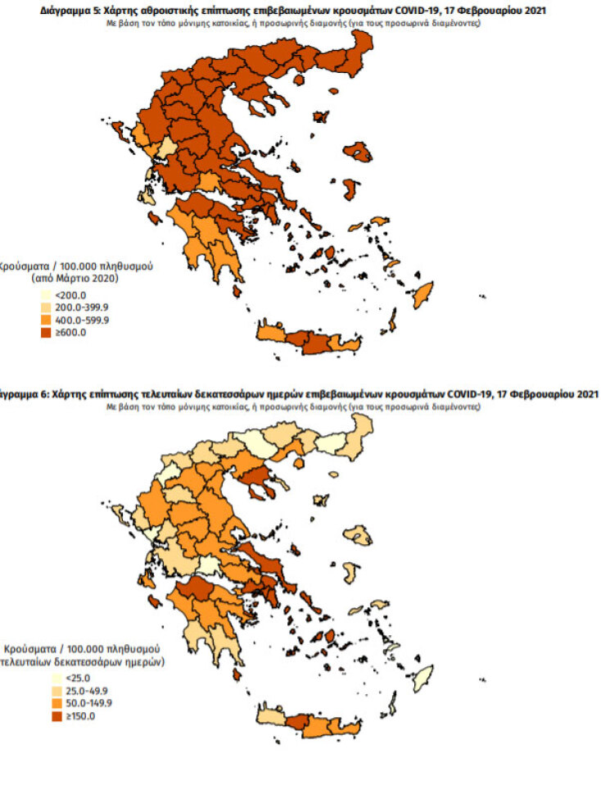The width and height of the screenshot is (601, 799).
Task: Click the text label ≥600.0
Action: pos(71,333)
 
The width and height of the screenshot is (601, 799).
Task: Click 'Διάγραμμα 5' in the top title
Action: pos(68,11)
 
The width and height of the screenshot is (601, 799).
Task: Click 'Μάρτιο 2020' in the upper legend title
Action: pos(88,278)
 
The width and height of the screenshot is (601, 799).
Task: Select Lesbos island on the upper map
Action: pos(359,152)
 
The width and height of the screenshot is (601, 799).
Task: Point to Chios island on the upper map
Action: pos(350,189)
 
